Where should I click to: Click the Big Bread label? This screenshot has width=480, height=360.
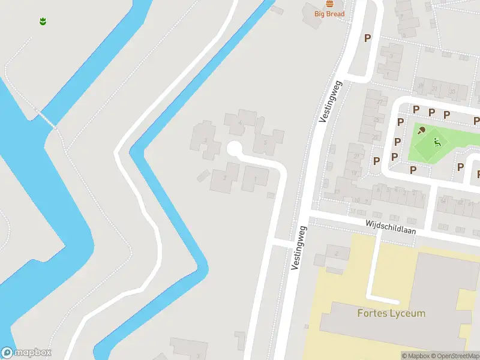[329, 13]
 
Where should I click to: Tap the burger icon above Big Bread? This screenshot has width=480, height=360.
[329, 4]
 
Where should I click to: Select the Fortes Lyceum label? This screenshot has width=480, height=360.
[391, 313]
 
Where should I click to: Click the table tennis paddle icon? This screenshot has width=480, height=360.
[422, 130]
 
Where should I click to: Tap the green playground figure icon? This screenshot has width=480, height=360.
[437, 142]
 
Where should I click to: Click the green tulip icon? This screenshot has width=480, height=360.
[43, 22]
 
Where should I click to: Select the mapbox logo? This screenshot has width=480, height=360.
[26, 353]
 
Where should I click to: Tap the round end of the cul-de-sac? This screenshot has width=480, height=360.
[235, 148]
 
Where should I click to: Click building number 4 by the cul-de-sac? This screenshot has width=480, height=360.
[241, 123]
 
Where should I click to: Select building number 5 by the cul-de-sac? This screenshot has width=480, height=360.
[265, 143]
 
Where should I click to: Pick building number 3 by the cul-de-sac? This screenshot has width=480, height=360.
[206, 140]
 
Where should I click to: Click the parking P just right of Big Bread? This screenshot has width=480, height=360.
[367, 38]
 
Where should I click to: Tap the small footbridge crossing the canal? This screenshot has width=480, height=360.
[47, 118]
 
